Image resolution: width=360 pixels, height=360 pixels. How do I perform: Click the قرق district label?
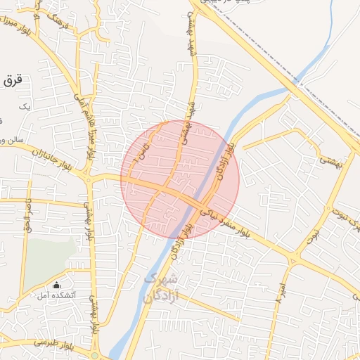click(x=13, y=81)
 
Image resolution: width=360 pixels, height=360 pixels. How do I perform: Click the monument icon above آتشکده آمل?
click(x=56, y=285)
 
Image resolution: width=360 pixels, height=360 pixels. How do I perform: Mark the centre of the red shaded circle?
click(x=180, y=180)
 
